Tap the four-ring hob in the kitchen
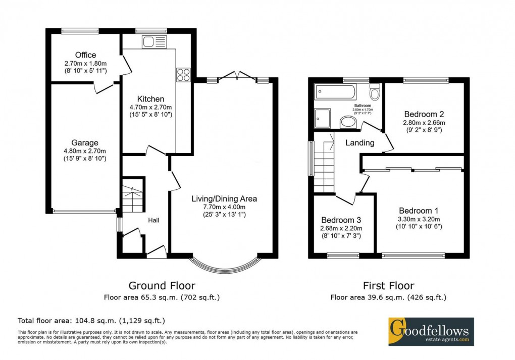183,75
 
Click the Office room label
85,55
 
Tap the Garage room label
85,143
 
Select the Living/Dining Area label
224,198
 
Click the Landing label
359,143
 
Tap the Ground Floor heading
162,286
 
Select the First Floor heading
388,286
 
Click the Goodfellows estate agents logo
431,331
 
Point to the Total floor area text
91,321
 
